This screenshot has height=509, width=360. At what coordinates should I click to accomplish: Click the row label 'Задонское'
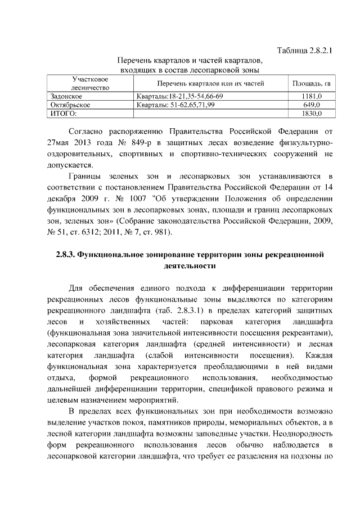coord(66,96)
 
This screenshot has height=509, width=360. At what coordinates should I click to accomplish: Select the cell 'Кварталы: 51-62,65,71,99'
coord(176,105)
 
